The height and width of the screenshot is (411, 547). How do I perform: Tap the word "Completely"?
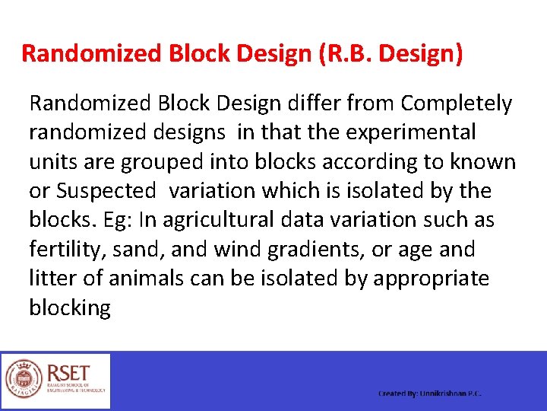click(x=457, y=103)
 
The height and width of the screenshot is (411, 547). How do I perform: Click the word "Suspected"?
click(x=107, y=191)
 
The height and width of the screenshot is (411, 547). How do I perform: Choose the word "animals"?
click(x=146, y=279)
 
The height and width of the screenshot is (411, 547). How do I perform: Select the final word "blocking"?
click(x=70, y=308)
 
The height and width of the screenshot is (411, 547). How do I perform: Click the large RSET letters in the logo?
click(x=68, y=373)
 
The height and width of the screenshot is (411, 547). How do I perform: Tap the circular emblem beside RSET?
click(x=24, y=381)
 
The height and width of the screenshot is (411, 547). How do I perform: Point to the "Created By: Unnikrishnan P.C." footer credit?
click(x=430, y=393)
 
